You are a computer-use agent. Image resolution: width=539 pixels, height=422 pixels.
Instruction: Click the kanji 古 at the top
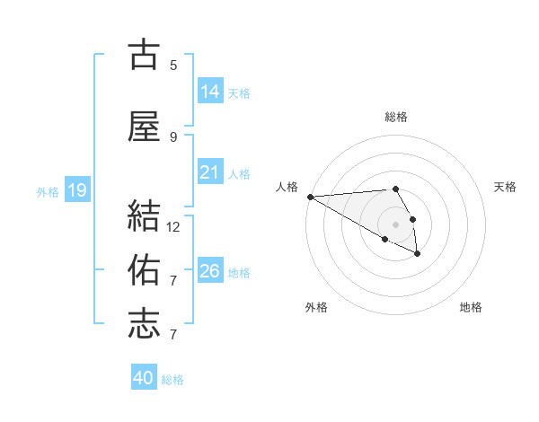(x=144, y=56)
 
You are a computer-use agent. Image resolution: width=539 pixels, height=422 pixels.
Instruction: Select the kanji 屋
(x=144, y=127)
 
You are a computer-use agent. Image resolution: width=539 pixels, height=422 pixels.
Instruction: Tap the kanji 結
(x=144, y=216)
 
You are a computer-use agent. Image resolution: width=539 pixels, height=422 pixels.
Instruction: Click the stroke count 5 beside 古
(x=173, y=65)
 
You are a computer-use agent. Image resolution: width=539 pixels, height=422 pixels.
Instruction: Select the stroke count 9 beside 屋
(x=173, y=136)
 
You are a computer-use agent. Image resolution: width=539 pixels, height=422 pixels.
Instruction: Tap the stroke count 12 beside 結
(x=173, y=226)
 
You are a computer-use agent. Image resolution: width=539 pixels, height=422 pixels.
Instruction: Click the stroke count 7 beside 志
(x=173, y=335)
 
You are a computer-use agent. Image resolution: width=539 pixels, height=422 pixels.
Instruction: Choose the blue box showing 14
(x=210, y=91)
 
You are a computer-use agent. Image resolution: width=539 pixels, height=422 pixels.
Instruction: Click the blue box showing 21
(x=210, y=172)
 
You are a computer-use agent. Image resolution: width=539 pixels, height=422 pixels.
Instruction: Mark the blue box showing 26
(x=210, y=271)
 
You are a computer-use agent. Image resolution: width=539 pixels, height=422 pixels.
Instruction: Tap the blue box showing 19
(x=77, y=190)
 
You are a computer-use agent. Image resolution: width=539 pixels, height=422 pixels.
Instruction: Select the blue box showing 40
(x=144, y=378)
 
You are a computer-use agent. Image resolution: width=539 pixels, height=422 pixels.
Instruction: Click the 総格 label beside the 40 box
(x=172, y=380)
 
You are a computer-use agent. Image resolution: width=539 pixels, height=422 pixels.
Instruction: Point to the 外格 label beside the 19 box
(x=48, y=191)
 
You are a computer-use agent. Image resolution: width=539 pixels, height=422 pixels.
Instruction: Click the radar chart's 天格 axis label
(x=505, y=187)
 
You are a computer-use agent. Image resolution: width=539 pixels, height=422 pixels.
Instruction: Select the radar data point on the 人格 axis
(x=310, y=197)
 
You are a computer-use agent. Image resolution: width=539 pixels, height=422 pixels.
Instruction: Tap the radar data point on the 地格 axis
(x=418, y=255)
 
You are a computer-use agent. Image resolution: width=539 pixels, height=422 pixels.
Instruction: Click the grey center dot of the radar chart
(x=396, y=224)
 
